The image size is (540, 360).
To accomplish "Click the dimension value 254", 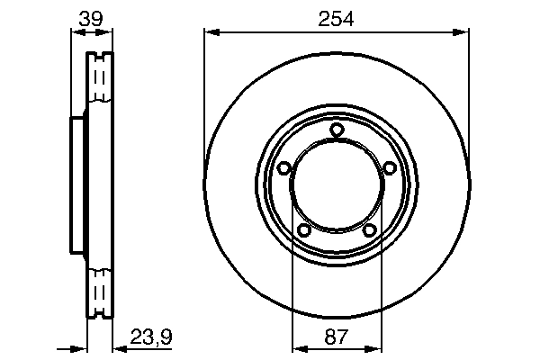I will pos(337,17).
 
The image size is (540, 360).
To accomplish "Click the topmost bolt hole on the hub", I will pos(337,130).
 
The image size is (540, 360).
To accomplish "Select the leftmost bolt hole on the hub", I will pos(283,168).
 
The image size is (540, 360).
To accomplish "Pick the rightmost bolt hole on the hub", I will pos(390,168).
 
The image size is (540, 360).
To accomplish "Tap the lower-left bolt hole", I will pos(304,231).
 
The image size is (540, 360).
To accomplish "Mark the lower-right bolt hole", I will pos(370,231).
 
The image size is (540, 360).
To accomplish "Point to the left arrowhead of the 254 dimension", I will pos(211,33).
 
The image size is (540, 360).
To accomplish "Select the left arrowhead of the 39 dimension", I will pos(76,33).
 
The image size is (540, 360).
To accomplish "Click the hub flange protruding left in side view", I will pos(77,186).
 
